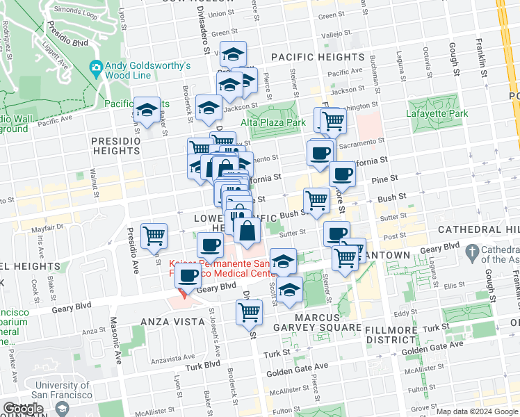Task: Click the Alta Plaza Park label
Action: tap(273, 122)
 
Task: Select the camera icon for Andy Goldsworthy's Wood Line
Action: tap(96, 67)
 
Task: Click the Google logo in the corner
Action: tap(24, 409)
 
